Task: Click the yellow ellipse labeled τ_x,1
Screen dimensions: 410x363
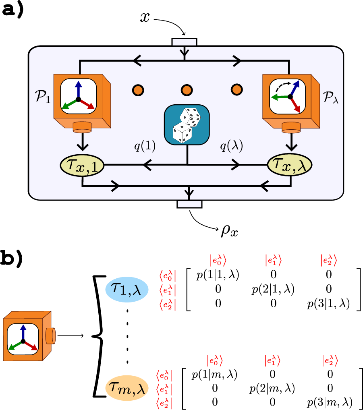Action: [82, 165]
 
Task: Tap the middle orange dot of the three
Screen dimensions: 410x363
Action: [187, 89]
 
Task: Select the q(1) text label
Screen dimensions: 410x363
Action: [145, 147]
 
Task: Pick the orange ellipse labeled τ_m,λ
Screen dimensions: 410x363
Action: [127, 389]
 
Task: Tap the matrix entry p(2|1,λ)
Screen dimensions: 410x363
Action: [274, 290]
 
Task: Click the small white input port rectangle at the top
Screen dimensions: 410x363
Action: [185, 42]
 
